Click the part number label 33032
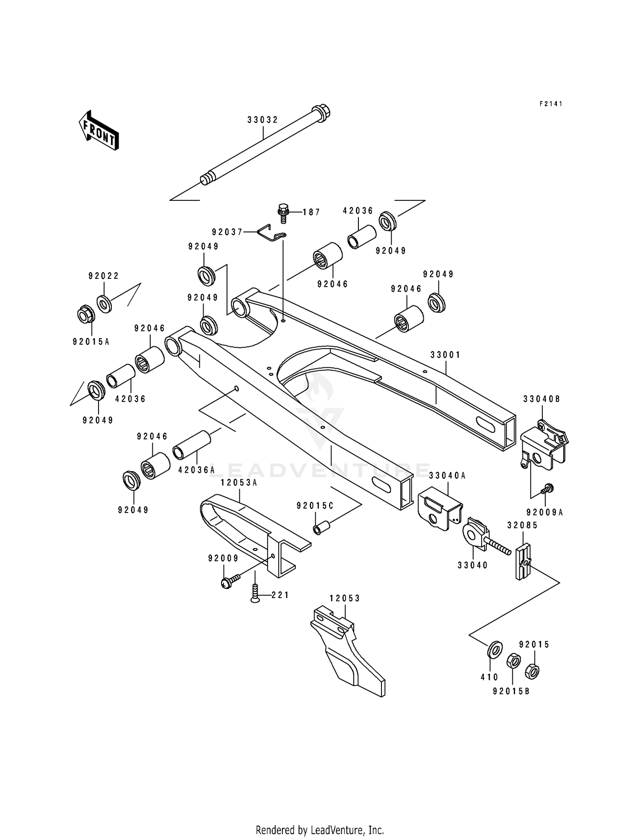[x=262, y=120]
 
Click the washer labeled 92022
[x=104, y=304]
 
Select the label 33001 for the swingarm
[x=445, y=355]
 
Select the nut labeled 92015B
[x=513, y=661]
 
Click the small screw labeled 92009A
[x=547, y=489]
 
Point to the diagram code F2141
[x=551, y=104]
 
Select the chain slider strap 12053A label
[x=239, y=483]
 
